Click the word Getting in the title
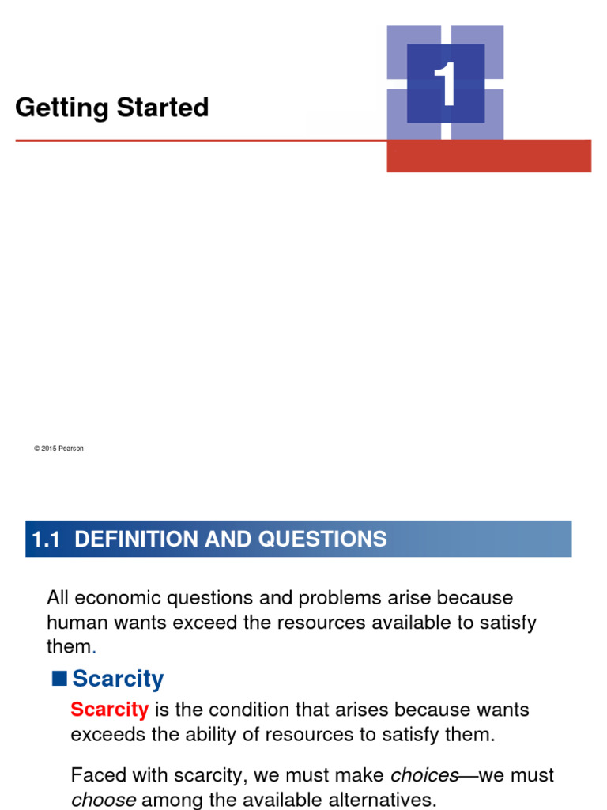(62, 108)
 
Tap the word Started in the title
(163, 107)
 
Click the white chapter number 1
(445, 84)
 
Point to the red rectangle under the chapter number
(488, 156)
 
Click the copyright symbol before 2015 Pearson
(37, 449)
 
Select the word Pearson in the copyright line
(70, 449)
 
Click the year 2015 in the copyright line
(49, 449)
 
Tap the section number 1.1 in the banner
(46, 539)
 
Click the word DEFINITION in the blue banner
(136, 539)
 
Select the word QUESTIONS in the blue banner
(322, 539)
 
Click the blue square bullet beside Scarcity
(59, 678)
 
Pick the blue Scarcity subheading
(118, 679)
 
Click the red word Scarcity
(109, 710)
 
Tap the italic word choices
(424, 775)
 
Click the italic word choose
(104, 800)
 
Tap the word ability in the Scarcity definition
(210, 735)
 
